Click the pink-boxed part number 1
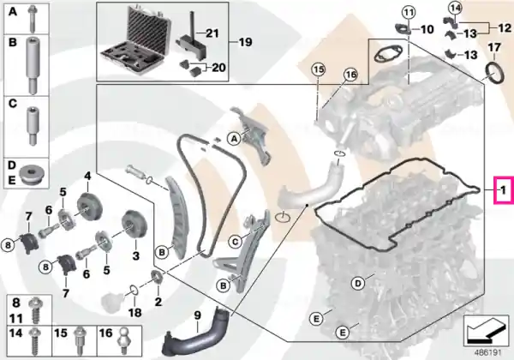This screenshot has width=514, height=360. click(503, 189)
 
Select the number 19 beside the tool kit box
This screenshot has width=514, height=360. click(245, 42)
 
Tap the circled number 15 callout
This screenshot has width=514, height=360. click(319, 69)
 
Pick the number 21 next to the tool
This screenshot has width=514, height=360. click(212, 33)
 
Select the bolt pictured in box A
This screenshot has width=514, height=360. click(33, 17)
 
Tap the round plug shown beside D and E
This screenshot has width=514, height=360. click(33, 175)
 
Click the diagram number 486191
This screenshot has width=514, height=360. click(487, 353)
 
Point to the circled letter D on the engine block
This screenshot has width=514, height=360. click(357, 283)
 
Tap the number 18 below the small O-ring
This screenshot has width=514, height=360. click(134, 313)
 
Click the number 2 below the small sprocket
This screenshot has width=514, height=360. click(158, 302)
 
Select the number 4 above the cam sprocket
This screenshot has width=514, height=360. click(87, 177)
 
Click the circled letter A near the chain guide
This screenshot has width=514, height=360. click(234, 139)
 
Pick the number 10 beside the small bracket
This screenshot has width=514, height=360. click(427, 29)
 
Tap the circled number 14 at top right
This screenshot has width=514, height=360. click(455, 8)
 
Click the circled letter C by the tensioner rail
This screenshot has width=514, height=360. click(235, 243)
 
